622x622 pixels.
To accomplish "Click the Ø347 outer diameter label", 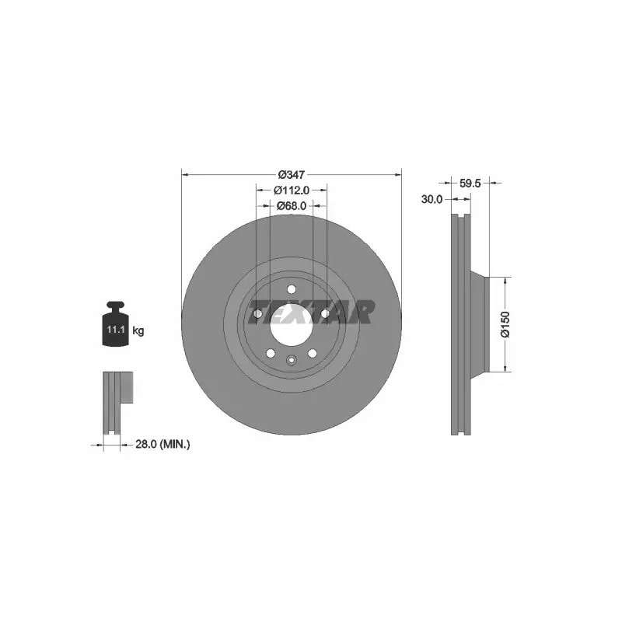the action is click(x=291, y=174).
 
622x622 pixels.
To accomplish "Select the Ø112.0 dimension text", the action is click(x=292, y=190).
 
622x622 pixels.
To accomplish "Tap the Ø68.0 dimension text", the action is click(x=292, y=206).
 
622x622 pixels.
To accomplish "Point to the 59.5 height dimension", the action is click(x=470, y=183).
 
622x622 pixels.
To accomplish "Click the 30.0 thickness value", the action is click(x=432, y=199).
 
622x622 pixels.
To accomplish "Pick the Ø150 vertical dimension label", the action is click(x=505, y=324).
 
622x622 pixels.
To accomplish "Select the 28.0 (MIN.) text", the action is click(x=162, y=445).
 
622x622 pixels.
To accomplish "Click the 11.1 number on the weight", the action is click(x=116, y=329).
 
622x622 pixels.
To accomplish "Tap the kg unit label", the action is click(x=138, y=330).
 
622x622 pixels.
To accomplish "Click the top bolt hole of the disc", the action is click(x=292, y=289).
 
